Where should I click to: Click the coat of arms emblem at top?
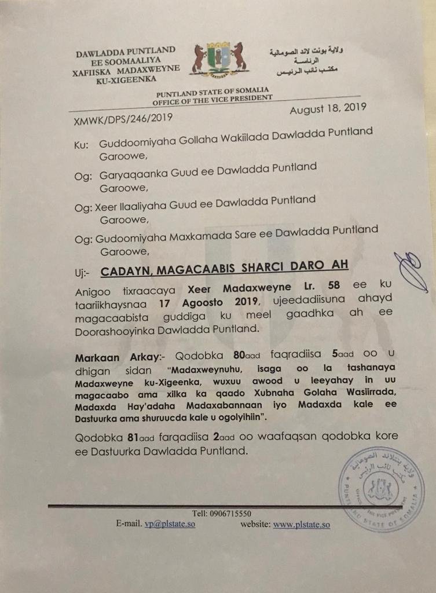(x=219, y=60)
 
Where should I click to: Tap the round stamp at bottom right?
(x=382, y=490)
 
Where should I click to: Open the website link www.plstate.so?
(x=301, y=525)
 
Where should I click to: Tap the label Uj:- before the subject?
(x=84, y=270)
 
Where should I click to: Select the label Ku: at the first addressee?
(x=81, y=145)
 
